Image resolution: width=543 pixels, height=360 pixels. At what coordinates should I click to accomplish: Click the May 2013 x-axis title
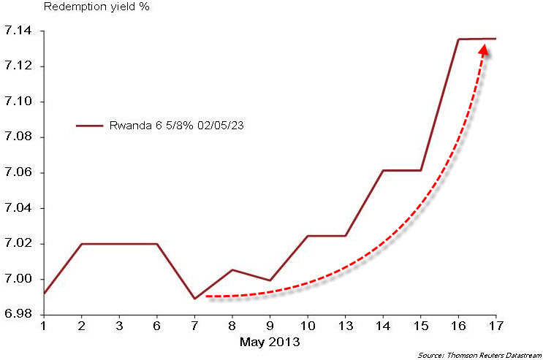pos(270,341)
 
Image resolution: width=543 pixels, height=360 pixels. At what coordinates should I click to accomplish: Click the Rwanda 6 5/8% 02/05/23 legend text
pos(176,126)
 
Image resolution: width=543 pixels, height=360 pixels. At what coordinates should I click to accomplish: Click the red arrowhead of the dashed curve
pos(483,50)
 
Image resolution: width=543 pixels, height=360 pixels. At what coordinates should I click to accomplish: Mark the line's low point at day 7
pos(194,299)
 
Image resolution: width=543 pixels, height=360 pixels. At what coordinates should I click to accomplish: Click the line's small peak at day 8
pos(232,270)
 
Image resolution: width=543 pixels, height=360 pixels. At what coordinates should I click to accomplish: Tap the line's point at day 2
pos(81,244)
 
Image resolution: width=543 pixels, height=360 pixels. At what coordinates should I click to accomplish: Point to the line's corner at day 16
pos(458,39)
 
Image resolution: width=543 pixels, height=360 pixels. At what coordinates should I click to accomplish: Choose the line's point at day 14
pos(383,170)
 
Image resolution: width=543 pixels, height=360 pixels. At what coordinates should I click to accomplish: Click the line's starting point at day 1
pos(44,294)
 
